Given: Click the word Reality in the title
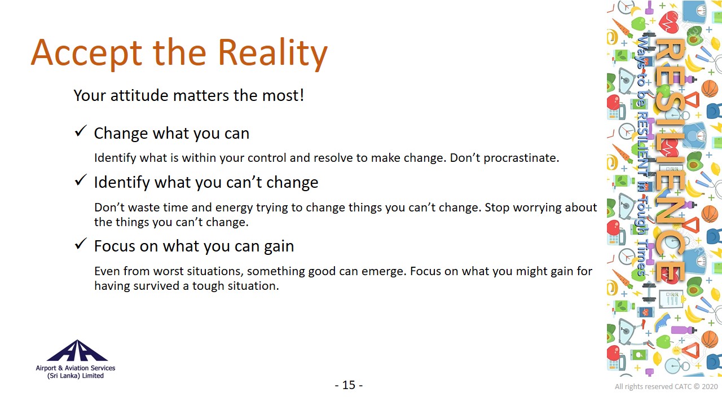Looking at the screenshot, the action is pos(272,54).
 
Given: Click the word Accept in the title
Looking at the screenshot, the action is pos(86,54).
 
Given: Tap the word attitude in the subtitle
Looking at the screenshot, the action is pos(139,95).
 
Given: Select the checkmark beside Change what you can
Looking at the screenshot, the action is pos(81,131).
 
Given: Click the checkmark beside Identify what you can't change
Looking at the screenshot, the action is pos(81,180).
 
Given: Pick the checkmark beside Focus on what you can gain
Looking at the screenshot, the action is pos(81,244).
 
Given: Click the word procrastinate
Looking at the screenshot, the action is pos(521,158).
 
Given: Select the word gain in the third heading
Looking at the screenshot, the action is pos(279,246).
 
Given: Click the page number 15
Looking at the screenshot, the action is pos(349,385).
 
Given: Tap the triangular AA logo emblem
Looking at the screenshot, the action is pos(77,350).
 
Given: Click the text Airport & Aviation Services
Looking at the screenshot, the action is pos(76,368).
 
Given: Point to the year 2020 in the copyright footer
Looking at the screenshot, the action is pos(710,387).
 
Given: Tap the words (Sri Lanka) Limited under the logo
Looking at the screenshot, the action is pos(76,376).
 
